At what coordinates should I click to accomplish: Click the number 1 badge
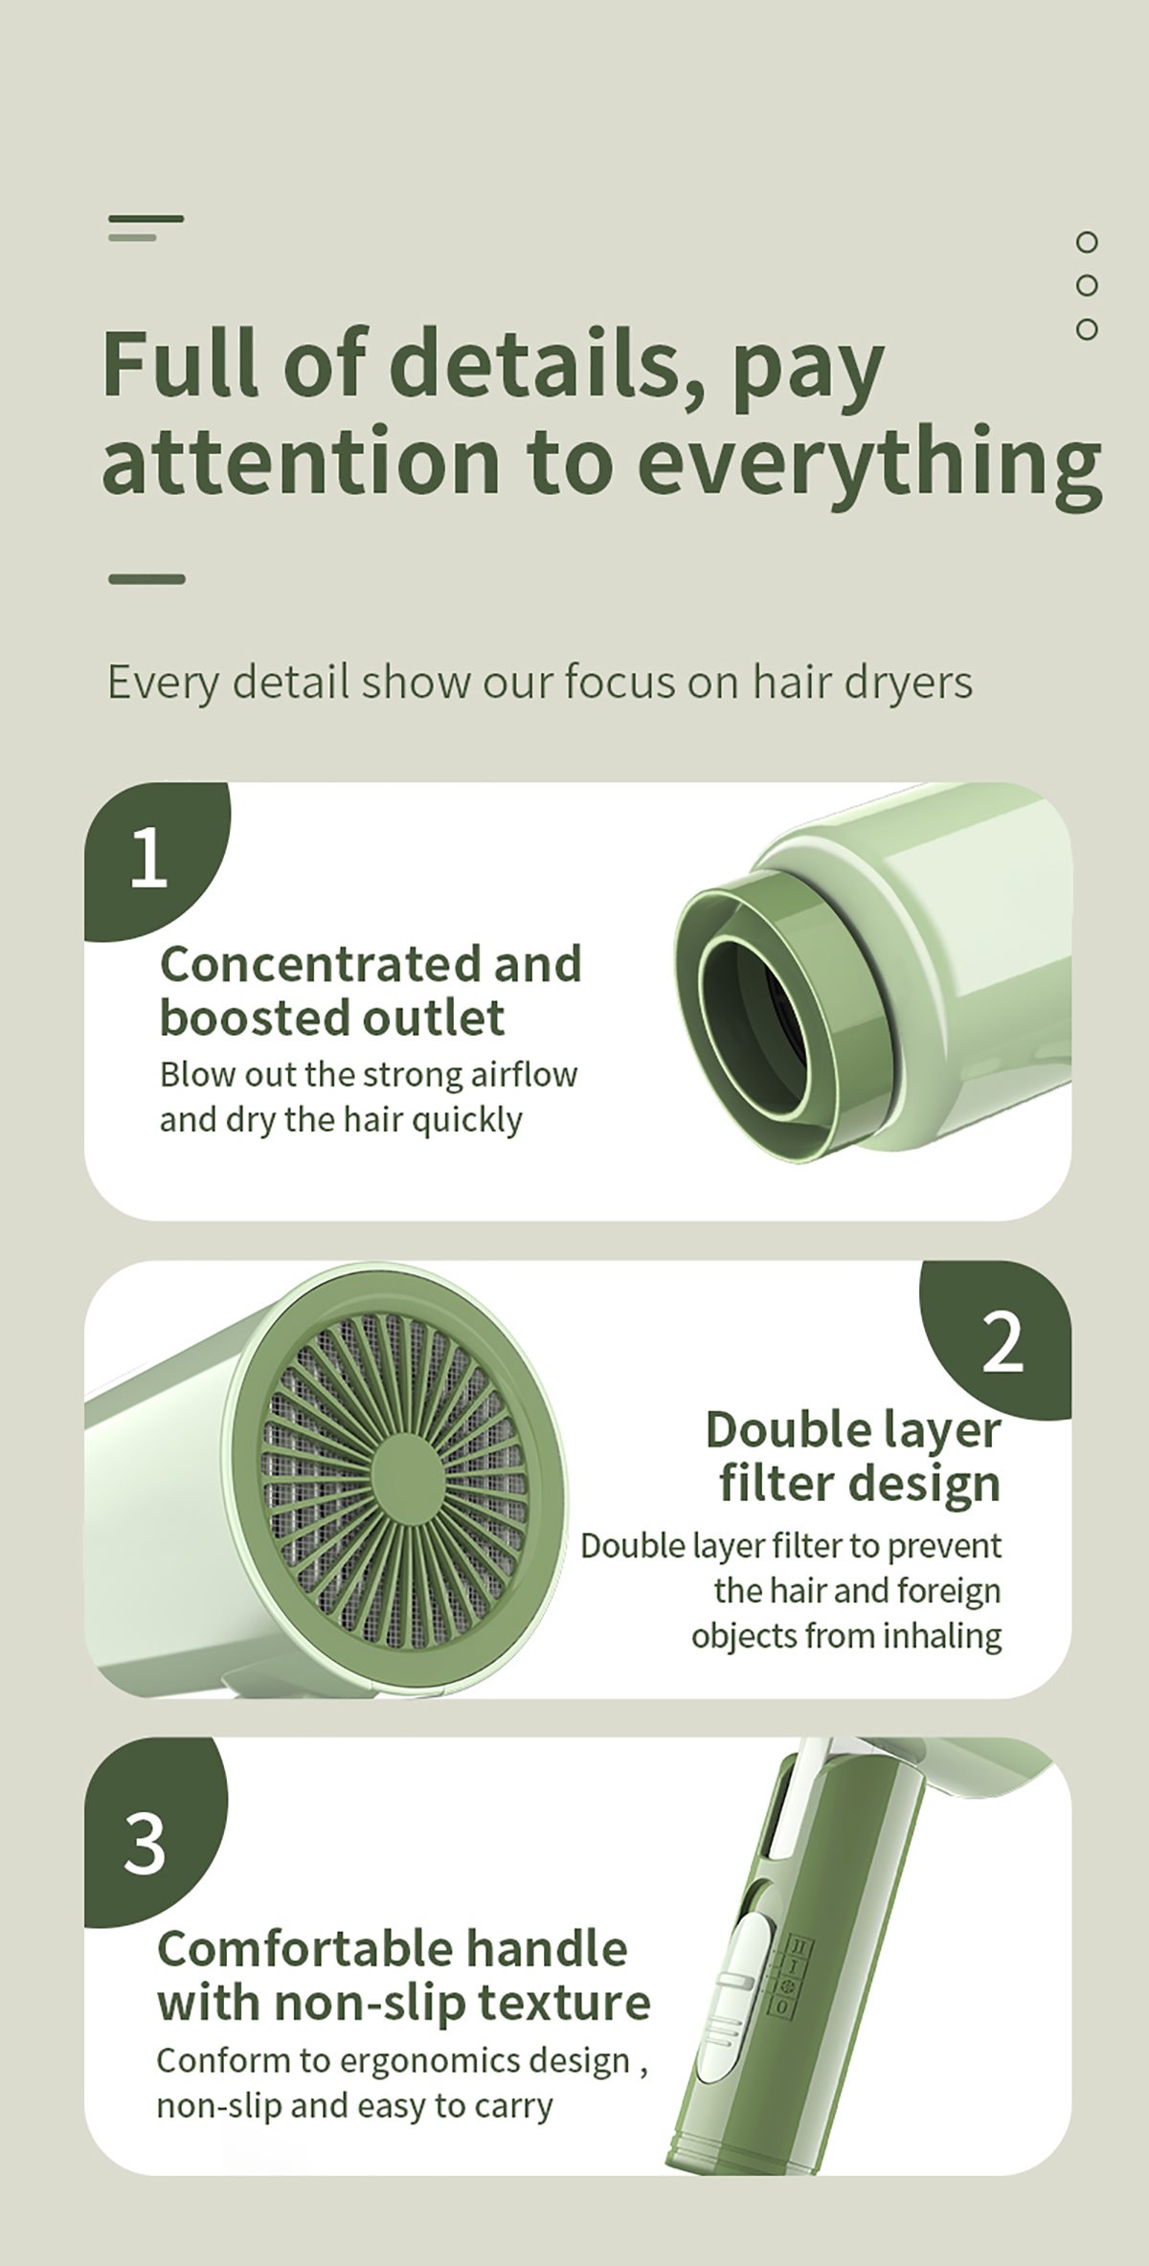153,859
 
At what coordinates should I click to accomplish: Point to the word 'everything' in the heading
869,462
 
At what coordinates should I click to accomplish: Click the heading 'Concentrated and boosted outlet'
371,990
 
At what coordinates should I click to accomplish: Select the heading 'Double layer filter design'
853,1456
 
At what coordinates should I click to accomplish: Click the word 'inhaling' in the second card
942,1636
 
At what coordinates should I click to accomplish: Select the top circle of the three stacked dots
1086,242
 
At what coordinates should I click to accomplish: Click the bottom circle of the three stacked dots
1086,329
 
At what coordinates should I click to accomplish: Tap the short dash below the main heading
146,579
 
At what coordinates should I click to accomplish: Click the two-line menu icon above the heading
146,228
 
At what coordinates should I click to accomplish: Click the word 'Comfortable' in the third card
286,1949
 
